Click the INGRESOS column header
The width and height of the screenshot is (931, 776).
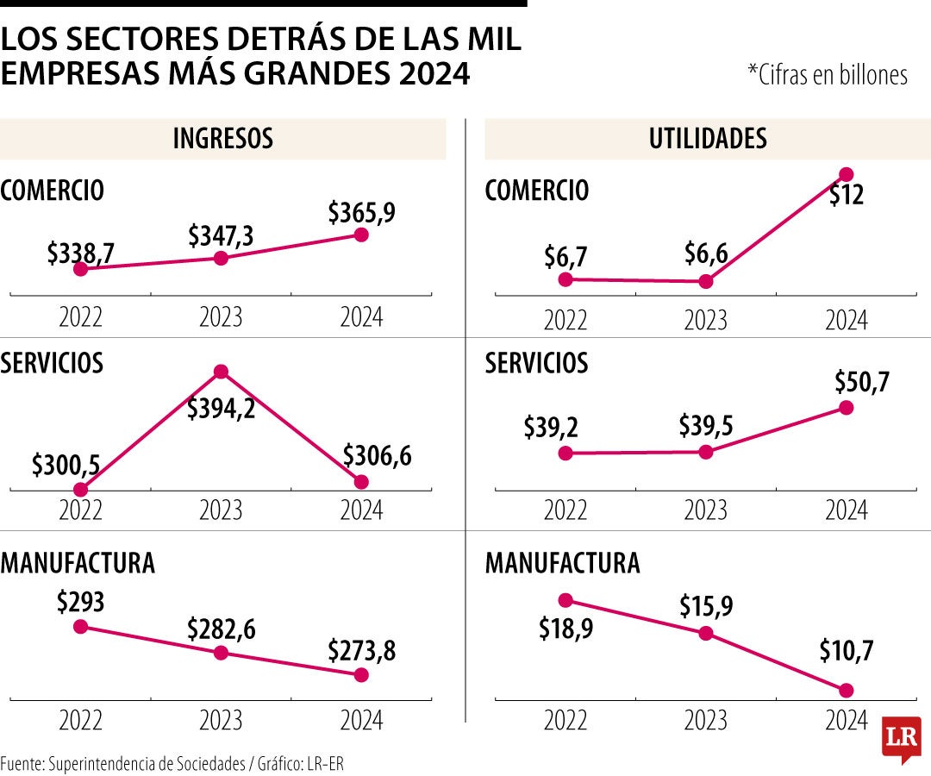pos(222,139)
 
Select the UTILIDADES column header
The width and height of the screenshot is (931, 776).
pos(707,139)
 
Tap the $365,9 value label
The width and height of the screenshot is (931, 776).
pos(361,212)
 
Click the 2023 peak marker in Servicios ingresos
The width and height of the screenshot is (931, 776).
pos(221,372)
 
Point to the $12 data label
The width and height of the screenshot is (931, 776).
pos(847,196)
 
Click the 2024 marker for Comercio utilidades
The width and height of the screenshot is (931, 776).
pos(847,174)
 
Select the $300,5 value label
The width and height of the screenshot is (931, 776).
pos(66,466)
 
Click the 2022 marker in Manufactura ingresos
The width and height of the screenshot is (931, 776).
pos(80,626)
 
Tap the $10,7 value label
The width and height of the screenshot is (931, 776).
pos(846,651)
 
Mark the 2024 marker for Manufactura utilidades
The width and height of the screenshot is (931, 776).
pos(847,690)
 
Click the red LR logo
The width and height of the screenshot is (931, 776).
pos(901,739)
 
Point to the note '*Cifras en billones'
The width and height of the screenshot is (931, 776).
pos(828,75)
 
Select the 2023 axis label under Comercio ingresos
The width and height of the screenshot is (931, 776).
pos(221,317)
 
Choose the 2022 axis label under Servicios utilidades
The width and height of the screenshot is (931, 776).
pos(565,510)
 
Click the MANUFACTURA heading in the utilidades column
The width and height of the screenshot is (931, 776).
pos(562,564)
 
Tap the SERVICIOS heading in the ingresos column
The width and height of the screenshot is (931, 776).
pos(52,363)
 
